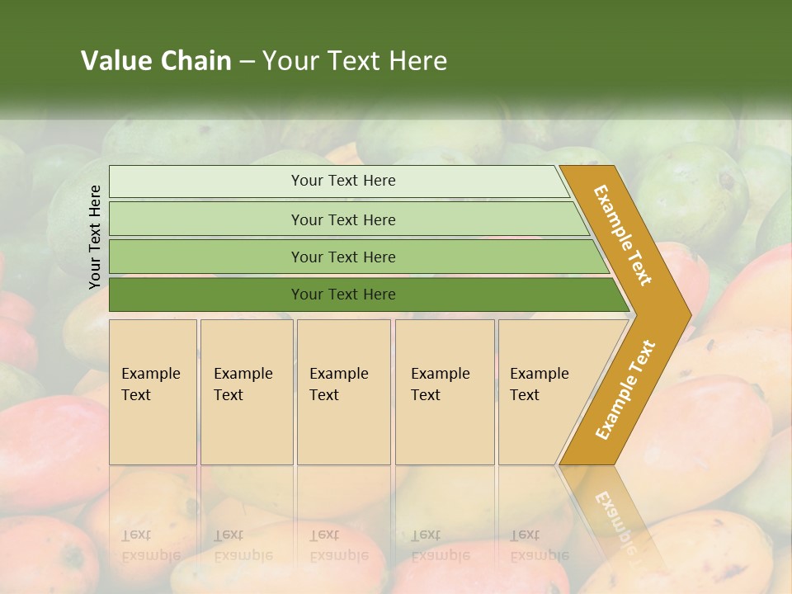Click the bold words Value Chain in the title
tap(156, 61)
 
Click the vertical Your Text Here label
tap(95, 237)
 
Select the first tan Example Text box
tap(153, 392)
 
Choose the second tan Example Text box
tap(247, 392)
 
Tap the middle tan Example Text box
tap(343, 392)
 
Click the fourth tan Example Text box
tap(445, 392)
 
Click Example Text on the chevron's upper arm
tap(623, 235)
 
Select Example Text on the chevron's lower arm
tap(625, 390)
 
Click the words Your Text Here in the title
tap(355, 61)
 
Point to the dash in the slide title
tap(247, 61)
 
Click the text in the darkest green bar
tap(343, 295)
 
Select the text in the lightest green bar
tap(343, 181)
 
